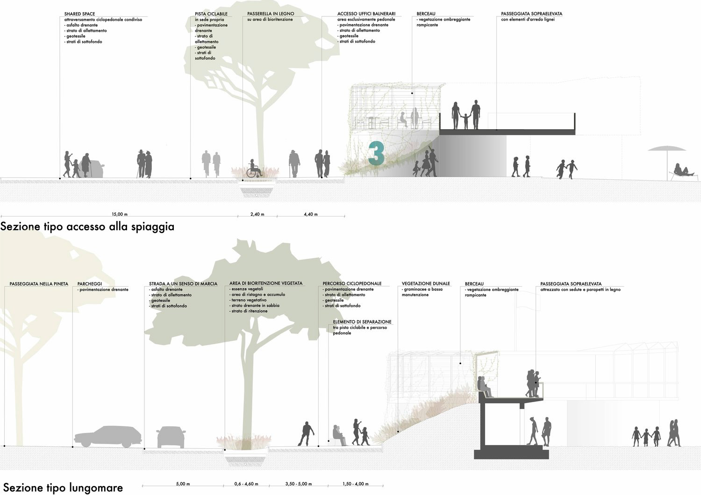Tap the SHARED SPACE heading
coord(79,14)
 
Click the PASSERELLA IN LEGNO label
coord(271,14)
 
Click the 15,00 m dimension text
coord(120,214)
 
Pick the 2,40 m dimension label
coord(257,214)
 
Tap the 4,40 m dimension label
coord(310,214)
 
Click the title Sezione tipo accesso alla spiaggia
coord(87,227)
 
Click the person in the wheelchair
coord(254,169)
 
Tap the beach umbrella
coord(666,150)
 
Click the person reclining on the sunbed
coord(683,171)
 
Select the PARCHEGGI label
coord(90,284)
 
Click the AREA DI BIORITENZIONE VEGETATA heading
coord(266,283)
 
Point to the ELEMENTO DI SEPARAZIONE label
coord(362,322)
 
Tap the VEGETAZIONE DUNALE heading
coord(426,283)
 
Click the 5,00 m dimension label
coord(183,484)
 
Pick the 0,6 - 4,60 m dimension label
coord(246,484)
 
